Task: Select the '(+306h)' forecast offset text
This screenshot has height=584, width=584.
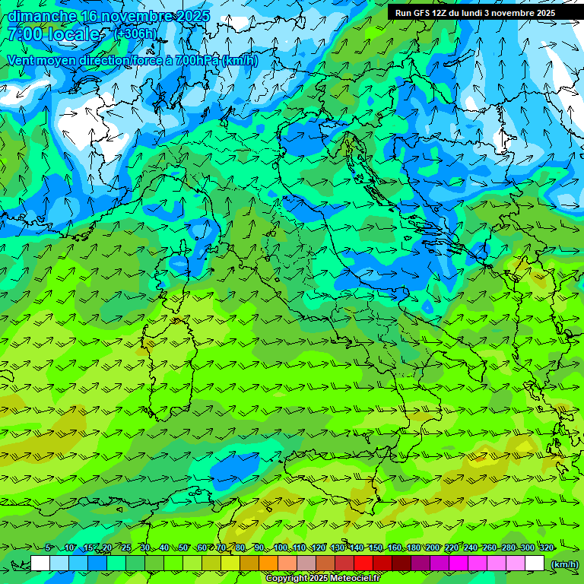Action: pos(135,33)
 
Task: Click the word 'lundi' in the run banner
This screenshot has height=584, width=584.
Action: pos(478,13)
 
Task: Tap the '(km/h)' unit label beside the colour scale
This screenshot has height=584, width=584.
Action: pos(564,563)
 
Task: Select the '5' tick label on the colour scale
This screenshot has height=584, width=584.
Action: pos(48,548)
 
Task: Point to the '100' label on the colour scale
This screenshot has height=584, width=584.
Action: pos(281,548)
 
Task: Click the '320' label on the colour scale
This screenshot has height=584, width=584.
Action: pos(547,548)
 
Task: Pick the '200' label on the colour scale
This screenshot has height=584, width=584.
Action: pos(433,548)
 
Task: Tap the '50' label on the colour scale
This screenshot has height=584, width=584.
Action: pos(183,548)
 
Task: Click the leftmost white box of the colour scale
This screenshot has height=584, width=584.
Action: pos(40,563)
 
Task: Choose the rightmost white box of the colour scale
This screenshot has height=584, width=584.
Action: pos(535,563)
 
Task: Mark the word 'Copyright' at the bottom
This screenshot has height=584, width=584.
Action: pos(287,579)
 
